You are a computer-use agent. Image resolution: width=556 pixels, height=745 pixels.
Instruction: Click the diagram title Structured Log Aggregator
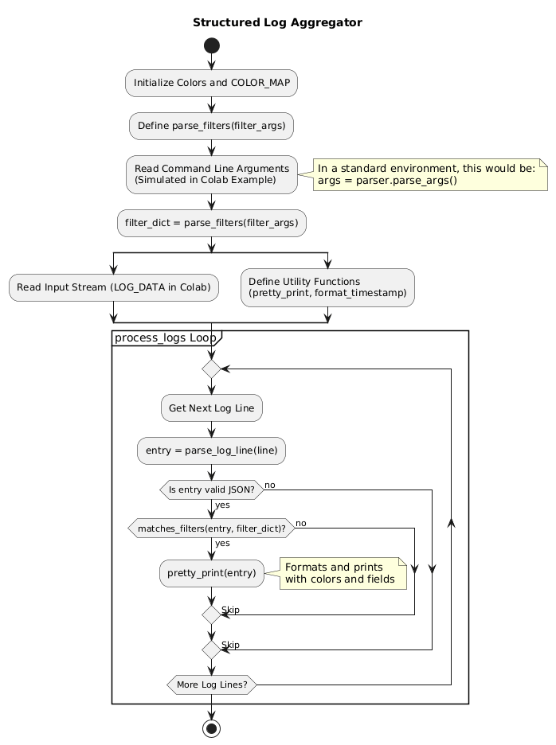pyautogui.click(x=277, y=22)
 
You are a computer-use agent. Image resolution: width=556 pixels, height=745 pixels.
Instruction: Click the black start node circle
pyautogui.click(x=212, y=47)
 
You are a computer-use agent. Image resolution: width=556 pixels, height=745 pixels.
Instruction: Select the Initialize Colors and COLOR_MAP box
pyautogui.click(x=212, y=83)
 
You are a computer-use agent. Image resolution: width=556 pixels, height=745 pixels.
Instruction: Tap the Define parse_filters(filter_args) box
pyautogui.click(x=212, y=126)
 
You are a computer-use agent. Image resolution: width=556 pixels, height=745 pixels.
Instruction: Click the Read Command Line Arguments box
pyautogui.click(x=212, y=174)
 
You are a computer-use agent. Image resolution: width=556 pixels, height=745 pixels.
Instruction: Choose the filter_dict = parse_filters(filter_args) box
pyautogui.click(x=212, y=224)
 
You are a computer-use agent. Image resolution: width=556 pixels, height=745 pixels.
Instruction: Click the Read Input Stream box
pyautogui.click(x=114, y=287)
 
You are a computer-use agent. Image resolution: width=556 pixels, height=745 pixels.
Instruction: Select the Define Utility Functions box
pyautogui.click(x=327, y=287)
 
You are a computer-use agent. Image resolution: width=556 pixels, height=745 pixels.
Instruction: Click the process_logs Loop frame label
pyautogui.click(x=165, y=338)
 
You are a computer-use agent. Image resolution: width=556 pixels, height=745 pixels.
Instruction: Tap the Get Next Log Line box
pyautogui.click(x=212, y=408)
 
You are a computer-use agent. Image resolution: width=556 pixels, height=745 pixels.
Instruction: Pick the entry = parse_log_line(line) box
pyautogui.click(x=212, y=451)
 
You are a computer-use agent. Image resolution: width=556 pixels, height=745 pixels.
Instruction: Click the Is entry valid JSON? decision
pyautogui.click(x=212, y=490)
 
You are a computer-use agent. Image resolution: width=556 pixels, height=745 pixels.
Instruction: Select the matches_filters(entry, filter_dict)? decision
pyautogui.click(x=212, y=529)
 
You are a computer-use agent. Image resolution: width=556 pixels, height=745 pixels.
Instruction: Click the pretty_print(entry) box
pyautogui.click(x=212, y=572)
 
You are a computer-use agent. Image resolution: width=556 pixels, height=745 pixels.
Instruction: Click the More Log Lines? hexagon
pyautogui.click(x=212, y=685)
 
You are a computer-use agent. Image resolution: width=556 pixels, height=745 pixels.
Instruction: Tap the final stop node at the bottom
pyautogui.click(x=212, y=727)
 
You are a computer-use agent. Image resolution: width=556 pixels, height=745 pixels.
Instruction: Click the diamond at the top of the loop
pyautogui.click(x=212, y=369)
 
